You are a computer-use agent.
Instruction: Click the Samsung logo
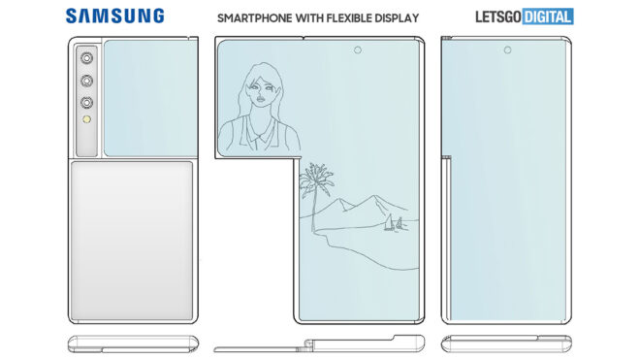point(114,16)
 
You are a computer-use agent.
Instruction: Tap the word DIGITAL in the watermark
point(548,16)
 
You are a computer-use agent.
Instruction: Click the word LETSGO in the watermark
point(498,16)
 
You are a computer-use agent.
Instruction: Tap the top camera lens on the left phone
point(86,58)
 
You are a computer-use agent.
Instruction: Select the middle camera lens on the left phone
point(86,81)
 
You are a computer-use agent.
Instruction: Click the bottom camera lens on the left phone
point(86,103)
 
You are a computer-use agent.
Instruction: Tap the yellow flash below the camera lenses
point(86,119)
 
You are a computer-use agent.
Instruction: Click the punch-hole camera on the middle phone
point(358,49)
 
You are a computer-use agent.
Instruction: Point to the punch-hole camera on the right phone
point(507,49)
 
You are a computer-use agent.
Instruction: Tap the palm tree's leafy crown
point(316,177)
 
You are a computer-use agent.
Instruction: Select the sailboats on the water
point(394,223)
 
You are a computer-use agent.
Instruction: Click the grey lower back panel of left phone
point(132,241)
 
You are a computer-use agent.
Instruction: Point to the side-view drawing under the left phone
point(133,344)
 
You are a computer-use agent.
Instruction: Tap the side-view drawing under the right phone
point(506,344)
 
